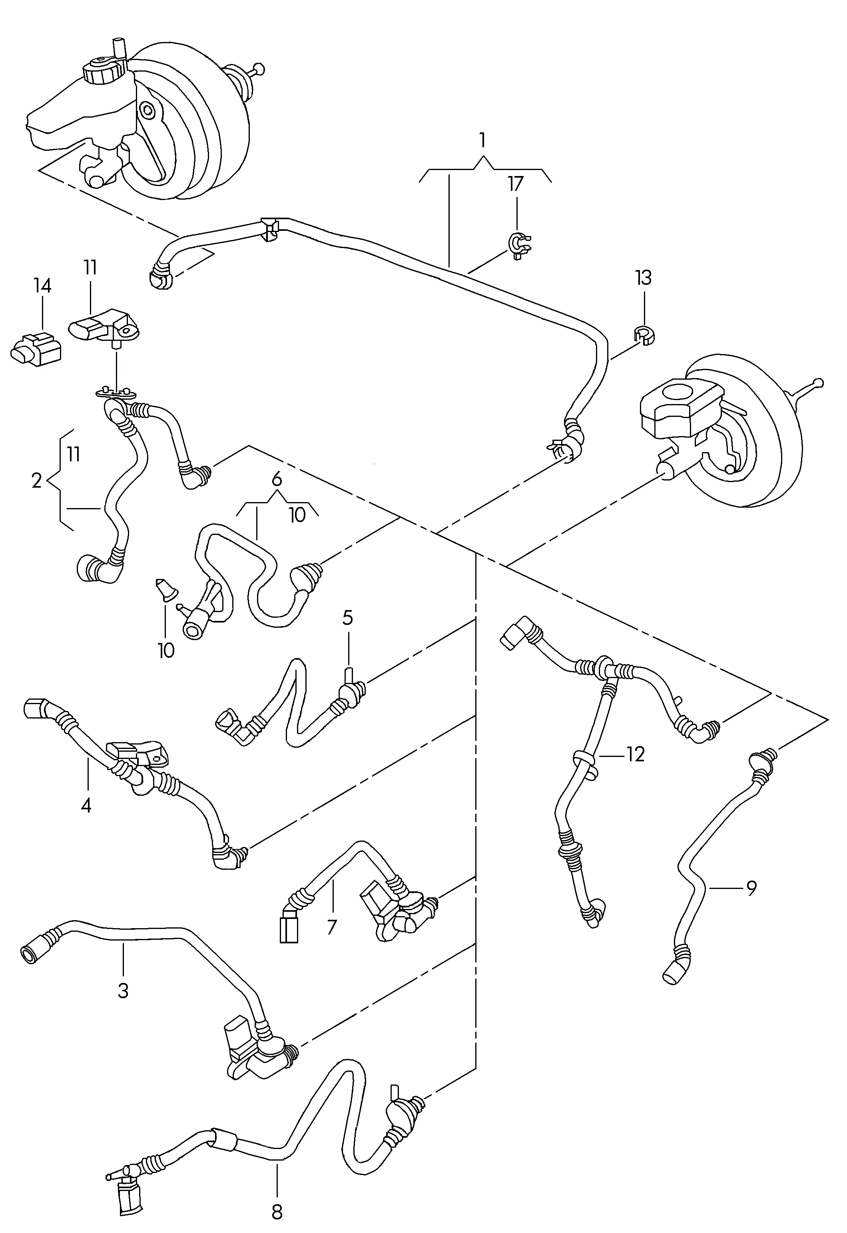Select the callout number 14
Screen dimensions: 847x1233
[42, 286]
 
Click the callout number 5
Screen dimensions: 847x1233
[348, 618]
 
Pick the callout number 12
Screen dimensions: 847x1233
[635, 755]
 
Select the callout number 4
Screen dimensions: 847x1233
[86, 806]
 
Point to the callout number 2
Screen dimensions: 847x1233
[36, 481]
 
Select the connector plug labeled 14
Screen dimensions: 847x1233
[35, 349]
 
